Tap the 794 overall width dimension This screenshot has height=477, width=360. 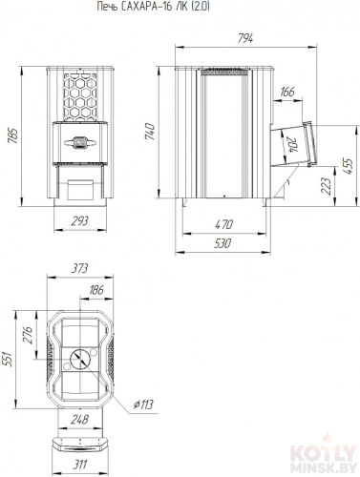[x=245, y=39]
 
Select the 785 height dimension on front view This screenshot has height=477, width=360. [x=12, y=135]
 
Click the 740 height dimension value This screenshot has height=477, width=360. [x=150, y=132]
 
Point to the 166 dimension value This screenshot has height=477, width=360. [x=287, y=92]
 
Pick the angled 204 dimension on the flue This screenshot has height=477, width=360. [x=290, y=145]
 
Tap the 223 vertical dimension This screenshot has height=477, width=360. [x=326, y=186]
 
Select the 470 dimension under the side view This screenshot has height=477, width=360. [x=224, y=224]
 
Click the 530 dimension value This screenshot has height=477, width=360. [x=222, y=243]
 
